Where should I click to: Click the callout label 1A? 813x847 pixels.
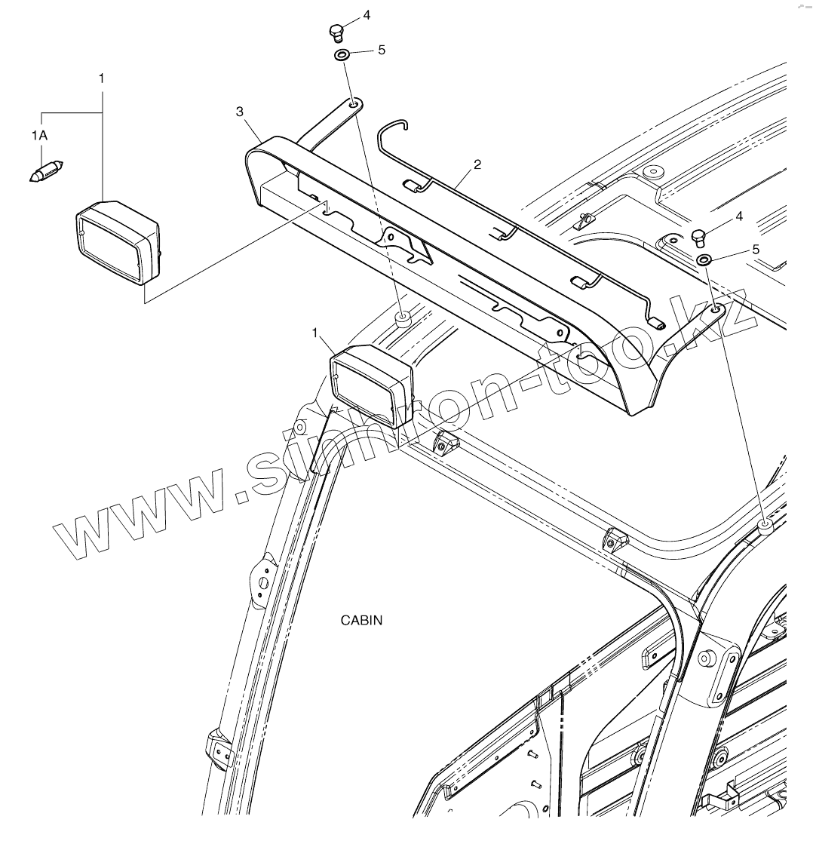coord(39,136)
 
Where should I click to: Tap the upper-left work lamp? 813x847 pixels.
coord(118,242)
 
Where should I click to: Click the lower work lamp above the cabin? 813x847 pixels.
coord(372,385)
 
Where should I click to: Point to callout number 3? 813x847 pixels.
coord(240,112)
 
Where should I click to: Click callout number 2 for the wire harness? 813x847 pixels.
coord(477,164)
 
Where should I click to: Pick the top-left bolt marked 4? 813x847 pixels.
coord(336,32)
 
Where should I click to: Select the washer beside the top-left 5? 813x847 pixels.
coord(341,55)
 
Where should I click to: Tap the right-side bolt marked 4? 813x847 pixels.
coord(699,237)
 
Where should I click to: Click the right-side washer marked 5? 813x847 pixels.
coord(704,260)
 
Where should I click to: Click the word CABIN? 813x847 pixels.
coord(362,621)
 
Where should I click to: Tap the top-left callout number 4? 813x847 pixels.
coord(367,14)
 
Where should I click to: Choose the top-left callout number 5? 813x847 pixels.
coord(381,50)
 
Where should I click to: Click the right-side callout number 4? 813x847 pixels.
coord(739,216)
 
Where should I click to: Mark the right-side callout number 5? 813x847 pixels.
coord(756,249)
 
